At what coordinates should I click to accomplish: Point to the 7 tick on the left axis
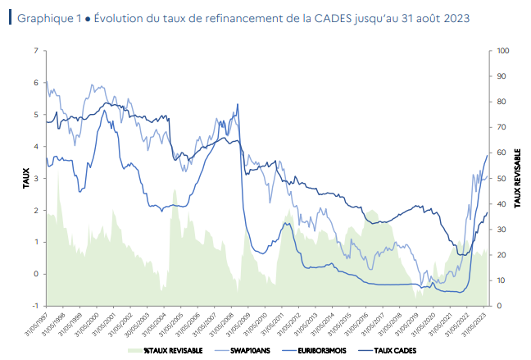[34, 51]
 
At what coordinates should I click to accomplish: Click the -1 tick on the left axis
[34, 306]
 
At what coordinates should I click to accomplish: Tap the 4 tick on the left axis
[34, 147]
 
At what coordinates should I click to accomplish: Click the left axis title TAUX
[15, 178]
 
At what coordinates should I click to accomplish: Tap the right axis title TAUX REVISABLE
[518, 178]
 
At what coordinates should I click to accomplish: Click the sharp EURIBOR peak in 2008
[238, 104]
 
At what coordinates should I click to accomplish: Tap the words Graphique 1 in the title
[45, 17]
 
